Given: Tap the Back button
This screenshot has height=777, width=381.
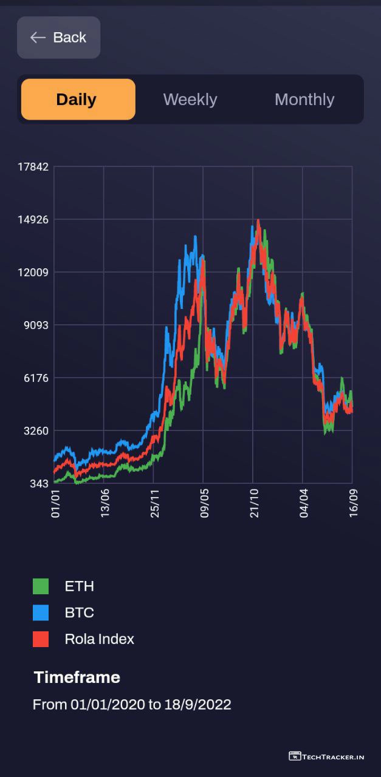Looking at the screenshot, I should [58, 38].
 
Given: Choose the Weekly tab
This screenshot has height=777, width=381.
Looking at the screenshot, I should [190, 100].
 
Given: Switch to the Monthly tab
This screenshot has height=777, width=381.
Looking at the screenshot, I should [304, 100].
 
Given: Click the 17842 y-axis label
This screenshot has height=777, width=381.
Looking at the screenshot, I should [33, 167].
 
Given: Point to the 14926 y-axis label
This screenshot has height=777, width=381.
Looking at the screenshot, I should [33, 220].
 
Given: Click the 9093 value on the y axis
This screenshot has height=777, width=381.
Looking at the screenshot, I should [36, 325].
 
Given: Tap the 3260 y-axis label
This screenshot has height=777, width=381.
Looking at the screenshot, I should [36, 431].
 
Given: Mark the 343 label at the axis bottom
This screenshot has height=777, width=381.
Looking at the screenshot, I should [39, 484].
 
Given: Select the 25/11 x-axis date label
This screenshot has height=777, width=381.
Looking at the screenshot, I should [156, 505].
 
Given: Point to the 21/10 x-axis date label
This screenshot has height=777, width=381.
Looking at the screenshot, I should [255, 505].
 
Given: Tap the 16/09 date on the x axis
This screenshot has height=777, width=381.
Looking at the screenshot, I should [354, 505].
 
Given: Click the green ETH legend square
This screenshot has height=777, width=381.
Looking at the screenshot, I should [41, 586].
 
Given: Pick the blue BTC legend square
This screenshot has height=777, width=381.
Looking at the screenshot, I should [41, 612].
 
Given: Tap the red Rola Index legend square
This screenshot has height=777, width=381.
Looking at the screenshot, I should [41, 639].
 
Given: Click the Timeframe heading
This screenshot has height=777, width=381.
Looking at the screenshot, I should [77, 677].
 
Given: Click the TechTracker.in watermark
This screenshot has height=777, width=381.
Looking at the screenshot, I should [326, 756].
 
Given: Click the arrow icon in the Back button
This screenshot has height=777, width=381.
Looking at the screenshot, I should [38, 38].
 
